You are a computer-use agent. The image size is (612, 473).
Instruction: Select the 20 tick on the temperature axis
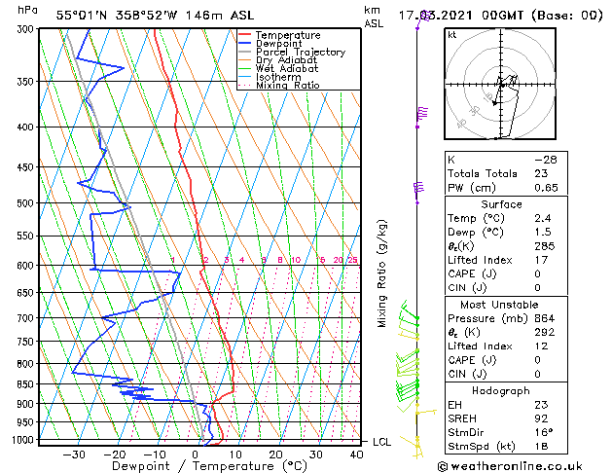[x=276, y=453]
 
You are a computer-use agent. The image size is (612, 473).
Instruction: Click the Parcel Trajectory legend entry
[x=300, y=52]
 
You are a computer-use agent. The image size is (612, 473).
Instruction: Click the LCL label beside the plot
[x=383, y=442]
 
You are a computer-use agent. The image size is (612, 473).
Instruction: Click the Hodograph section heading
[x=502, y=390]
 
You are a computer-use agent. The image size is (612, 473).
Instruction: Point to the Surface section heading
[x=502, y=204]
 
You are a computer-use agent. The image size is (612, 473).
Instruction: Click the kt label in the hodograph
[x=451, y=34]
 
